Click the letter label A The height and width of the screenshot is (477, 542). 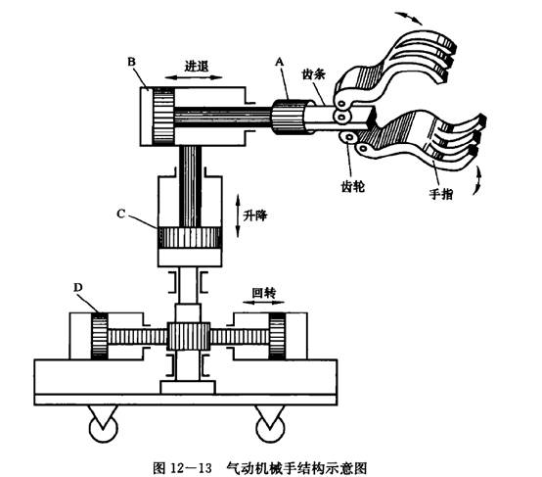279,62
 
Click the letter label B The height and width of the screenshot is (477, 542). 132,62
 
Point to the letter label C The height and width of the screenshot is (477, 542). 120,215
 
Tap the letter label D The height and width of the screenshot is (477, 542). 78,287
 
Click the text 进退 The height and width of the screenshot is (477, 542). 197,66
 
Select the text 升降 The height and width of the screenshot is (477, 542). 255,215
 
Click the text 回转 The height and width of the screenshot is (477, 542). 264,293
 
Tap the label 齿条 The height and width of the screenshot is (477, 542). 313,74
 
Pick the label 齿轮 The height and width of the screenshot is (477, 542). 352,187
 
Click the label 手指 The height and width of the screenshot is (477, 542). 440,194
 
